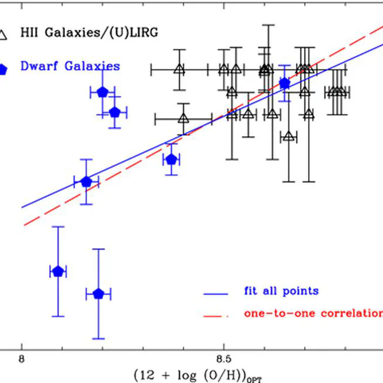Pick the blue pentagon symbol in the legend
[x=3, y=69]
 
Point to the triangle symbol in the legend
[x=3, y=35]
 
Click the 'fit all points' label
[x=281, y=291]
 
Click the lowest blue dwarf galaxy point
[x=98, y=294]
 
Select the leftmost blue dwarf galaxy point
[x=57, y=271]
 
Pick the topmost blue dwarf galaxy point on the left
[x=102, y=92]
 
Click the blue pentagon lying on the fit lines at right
[x=285, y=84]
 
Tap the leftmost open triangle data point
[x=179, y=70]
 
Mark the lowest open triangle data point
[x=288, y=136]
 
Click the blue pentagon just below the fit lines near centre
[x=171, y=159]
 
